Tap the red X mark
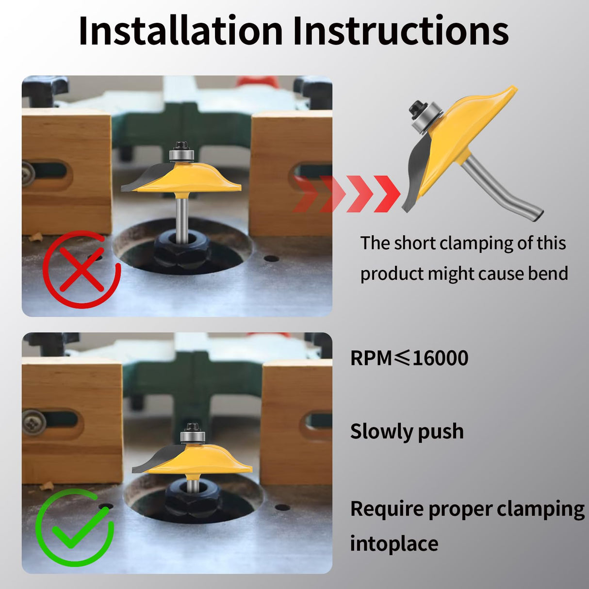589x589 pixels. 82,269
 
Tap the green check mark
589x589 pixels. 81,523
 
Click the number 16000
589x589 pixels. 440,358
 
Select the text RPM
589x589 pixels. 371,358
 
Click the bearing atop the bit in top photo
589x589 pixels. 181,155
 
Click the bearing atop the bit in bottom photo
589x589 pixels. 193,437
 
